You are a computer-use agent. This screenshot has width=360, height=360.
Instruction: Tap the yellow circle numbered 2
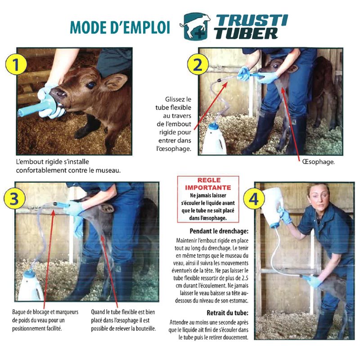point(198,65)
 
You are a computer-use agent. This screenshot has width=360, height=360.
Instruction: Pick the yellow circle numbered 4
point(254,199)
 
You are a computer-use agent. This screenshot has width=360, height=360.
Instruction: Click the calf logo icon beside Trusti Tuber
point(196,27)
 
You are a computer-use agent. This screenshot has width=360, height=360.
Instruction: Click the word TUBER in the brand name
point(247,33)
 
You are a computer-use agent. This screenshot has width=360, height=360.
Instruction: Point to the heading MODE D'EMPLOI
point(120,27)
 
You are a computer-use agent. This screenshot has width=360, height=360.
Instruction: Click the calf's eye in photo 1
point(91,85)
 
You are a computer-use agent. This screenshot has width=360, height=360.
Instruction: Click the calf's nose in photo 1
point(58,94)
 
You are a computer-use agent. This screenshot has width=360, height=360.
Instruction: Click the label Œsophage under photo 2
point(319,162)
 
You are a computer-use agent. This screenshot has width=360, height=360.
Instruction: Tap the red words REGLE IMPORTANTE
point(208,184)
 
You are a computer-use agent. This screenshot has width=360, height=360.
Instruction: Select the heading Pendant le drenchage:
point(219,231)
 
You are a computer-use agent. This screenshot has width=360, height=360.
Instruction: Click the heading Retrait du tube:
point(228,313)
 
